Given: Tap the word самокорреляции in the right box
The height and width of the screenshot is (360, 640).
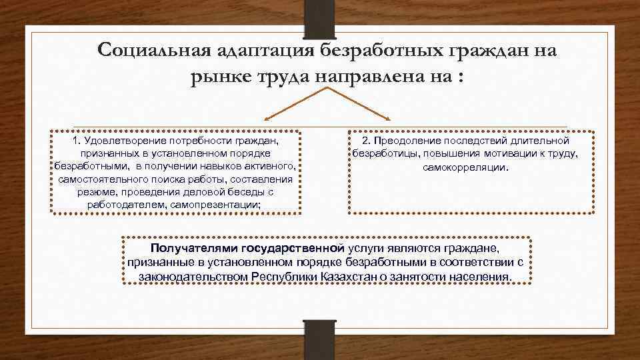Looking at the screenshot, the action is (x=465, y=167).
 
